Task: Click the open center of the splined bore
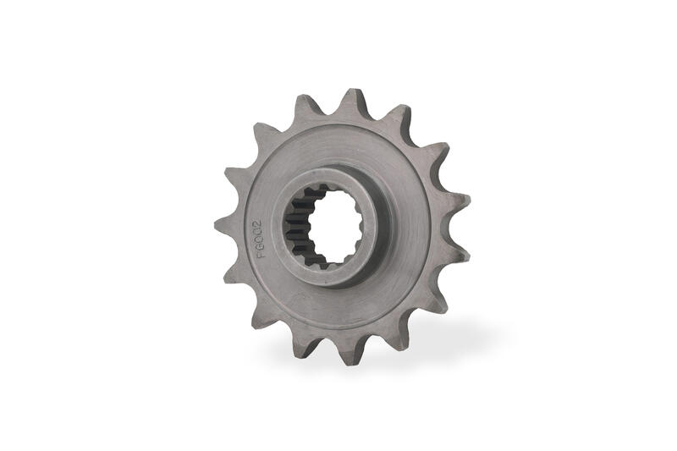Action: click(336, 226)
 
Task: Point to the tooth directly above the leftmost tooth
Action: click(230, 177)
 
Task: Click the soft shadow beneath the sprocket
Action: click(440, 338)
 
